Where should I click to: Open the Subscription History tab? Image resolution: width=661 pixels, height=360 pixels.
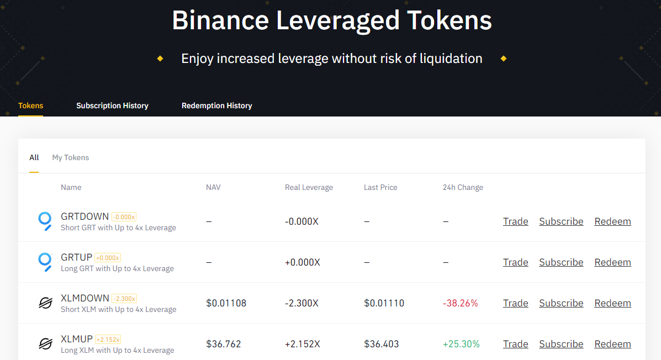[x=112, y=106]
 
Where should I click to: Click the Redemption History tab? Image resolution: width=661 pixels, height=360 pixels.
[x=216, y=106]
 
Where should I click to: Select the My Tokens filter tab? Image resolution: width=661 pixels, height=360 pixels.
[x=70, y=158]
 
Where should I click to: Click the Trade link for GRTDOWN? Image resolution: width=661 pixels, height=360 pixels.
[x=516, y=221]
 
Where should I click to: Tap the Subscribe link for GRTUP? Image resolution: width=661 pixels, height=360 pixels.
[x=561, y=262]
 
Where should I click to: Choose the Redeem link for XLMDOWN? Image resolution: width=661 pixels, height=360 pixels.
[x=612, y=303]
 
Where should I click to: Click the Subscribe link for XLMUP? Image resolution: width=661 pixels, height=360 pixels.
[x=561, y=344]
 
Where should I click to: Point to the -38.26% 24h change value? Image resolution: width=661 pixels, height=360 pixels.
[x=461, y=303]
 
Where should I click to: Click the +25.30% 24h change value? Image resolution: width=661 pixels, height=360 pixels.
[x=461, y=344]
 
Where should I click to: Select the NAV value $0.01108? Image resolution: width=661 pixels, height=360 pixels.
[x=226, y=303]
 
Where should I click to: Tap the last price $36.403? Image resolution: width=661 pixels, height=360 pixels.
[x=381, y=344]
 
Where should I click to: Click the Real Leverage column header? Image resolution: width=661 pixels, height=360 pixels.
[x=309, y=188]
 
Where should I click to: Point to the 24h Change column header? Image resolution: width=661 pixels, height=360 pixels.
[x=463, y=188]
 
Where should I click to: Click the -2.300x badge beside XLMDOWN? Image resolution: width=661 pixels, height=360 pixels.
[x=124, y=299]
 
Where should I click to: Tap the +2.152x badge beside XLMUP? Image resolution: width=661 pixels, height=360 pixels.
[x=108, y=340]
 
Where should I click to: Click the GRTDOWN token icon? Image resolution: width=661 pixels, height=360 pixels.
[x=45, y=221]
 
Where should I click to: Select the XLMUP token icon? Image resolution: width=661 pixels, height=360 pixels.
[x=45, y=344]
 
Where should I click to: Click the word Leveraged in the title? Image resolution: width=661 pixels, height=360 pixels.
[x=337, y=20]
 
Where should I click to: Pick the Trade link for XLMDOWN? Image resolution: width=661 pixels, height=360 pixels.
[x=516, y=303]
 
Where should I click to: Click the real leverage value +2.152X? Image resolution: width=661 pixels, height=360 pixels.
[x=302, y=344]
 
